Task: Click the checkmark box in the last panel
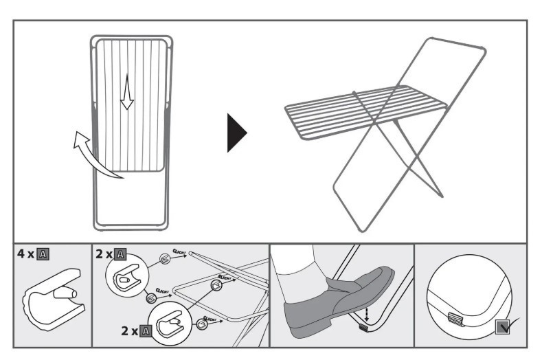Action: (x=503, y=327)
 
